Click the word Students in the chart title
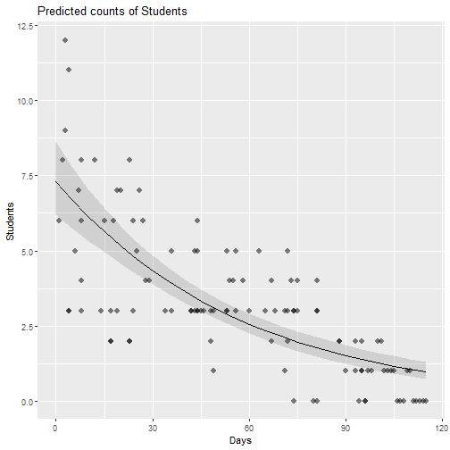[x=164, y=12]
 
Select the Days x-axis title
[x=240, y=440]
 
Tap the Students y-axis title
[x=10, y=221]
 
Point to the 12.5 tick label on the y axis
[x=25, y=26]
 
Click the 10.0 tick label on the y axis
[x=25, y=101]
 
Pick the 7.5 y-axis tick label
[x=27, y=176]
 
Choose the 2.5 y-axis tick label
[x=27, y=327]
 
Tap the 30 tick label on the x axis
[x=153, y=428]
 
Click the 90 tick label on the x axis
[x=346, y=428]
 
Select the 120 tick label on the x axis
[x=441, y=428]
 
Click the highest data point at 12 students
[x=65, y=40]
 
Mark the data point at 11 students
[x=69, y=70]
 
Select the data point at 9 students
[x=65, y=130]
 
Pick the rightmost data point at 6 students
[x=197, y=221]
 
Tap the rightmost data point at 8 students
[x=129, y=160]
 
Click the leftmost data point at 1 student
[x=213, y=371]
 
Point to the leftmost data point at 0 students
[x=294, y=401]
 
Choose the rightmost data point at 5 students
[x=287, y=251]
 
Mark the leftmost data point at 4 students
[x=81, y=280]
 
